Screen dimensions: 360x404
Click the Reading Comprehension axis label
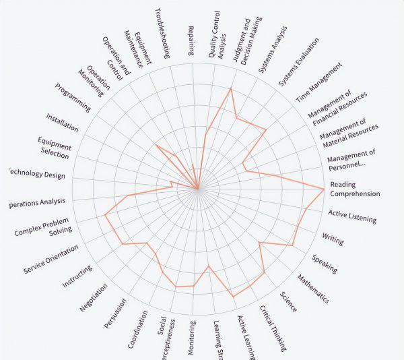[x=355, y=189]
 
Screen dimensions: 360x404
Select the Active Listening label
[x=352, y=216]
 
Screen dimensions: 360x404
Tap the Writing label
[x=333, y=239]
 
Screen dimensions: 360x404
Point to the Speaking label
[x=325, y=264]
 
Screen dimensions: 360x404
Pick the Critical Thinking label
[x=273, y=328]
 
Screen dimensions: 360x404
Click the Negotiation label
[x=94, y=297]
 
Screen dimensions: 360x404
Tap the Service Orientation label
[x=51, y=259]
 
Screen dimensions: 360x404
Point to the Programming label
[x=73, y=96]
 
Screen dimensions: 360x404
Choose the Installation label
[x=62, y=123]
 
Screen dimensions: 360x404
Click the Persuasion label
[x=115, y=313]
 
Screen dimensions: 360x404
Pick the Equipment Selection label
[x=54, y=148]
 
